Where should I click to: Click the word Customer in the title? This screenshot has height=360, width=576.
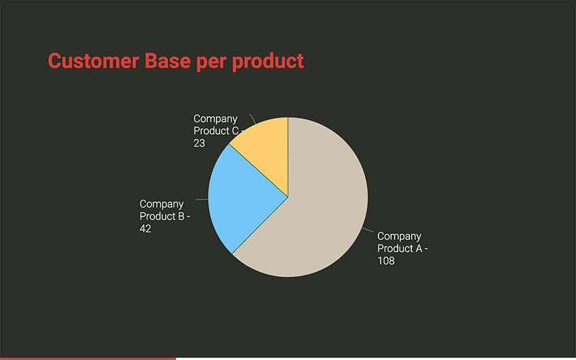[93, 60]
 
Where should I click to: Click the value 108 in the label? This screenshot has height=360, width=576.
[386, 261]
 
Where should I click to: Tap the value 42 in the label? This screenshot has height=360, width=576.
[146, 229]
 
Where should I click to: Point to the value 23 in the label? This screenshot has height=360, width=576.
[199, 143]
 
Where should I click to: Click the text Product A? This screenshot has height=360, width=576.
[400, 248]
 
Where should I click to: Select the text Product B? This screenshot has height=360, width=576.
[162, 216]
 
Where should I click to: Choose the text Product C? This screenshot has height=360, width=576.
[216, 131]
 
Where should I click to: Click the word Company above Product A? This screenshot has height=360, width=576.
[399, 236]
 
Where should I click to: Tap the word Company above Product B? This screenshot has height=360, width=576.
[162, 204]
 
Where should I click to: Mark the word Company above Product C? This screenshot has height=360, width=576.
[215, 119]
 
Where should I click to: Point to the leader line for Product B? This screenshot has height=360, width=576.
[202, 199]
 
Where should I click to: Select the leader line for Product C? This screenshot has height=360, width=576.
[253, 119]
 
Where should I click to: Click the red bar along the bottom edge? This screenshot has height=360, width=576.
[88, 358]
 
